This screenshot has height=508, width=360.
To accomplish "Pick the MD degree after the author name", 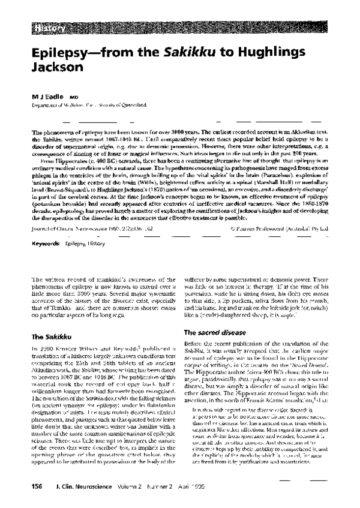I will (74, 96).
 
